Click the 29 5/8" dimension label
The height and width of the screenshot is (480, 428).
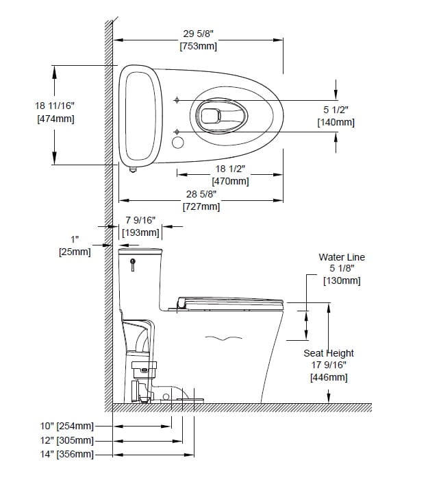pos(198,34)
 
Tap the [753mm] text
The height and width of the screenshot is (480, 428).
pos(198,46)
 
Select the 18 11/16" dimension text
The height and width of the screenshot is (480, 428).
pos(55,106)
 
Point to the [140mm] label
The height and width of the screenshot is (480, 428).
pos(336,123)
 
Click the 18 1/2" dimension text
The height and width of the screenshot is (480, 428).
pos(230,169)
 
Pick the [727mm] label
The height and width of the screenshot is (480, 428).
pos(201,206)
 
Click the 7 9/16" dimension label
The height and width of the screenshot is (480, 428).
pos(140,220)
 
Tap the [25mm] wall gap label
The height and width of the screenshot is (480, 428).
pos(75,252)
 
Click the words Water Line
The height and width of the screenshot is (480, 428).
pos(342,257)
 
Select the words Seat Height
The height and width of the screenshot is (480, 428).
pos(329,353)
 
